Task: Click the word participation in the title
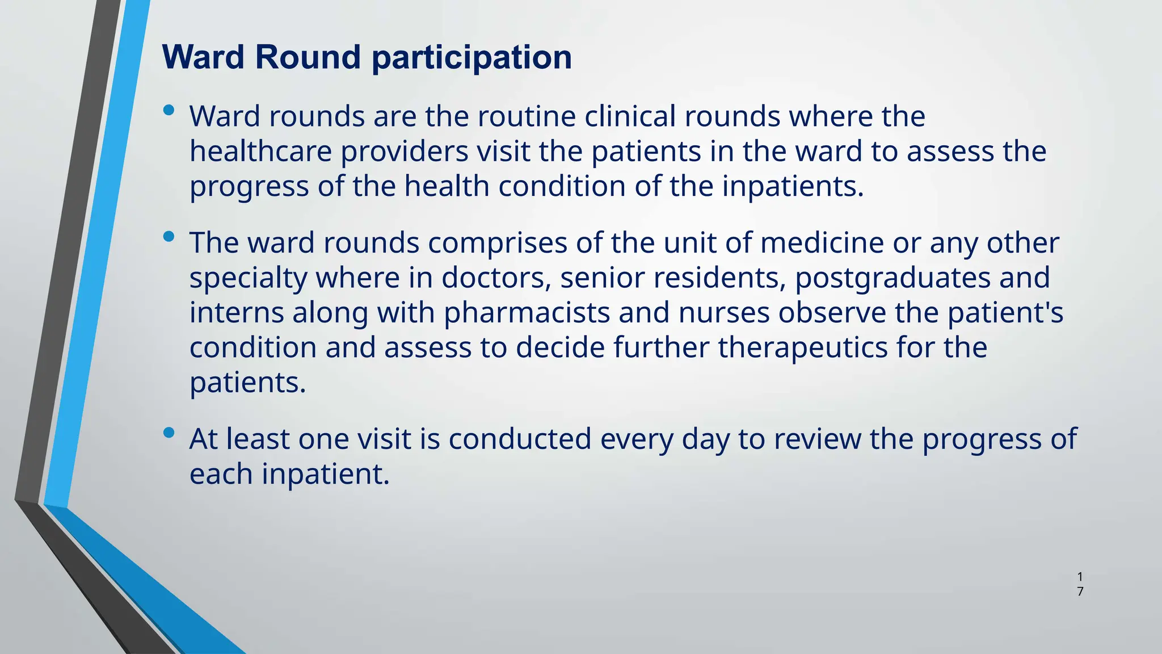click(471, 58)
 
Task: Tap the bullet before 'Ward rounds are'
click(169, 110)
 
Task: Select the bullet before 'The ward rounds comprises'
click(169, 237)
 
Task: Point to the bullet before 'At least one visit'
click(169, 433)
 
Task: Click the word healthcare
click(260, 152)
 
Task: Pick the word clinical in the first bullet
click(630, 116)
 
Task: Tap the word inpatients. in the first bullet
click(793, 187)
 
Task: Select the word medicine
click(822, 243)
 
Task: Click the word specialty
click(248, 278)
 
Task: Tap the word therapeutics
click(802, 347)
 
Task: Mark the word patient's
click(1005, 313)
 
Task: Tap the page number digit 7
click(1080, 592)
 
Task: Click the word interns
click(237, 313)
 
